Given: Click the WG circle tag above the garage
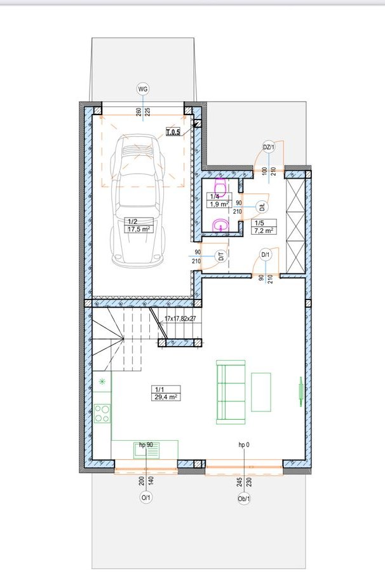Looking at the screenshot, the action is point(143,89).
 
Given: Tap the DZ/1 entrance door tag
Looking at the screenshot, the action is point(269,148).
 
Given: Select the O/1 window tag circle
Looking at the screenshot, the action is point(145,497).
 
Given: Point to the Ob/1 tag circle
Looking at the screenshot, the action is point(244,499).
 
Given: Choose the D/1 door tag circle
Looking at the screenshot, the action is point(266,255).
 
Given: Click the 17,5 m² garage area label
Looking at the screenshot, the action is point(138,230).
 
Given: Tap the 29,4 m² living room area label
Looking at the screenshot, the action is point(166,397).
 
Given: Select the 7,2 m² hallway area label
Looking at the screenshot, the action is point(264,231).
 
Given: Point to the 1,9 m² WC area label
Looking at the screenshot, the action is point(219,204).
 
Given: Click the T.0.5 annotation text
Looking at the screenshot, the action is point(173,132).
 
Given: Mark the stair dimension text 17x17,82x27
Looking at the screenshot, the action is point(180,319).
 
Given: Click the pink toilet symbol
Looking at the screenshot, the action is point(220,186).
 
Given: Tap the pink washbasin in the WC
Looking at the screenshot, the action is point(220,226).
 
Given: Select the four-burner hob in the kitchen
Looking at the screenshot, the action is point(102,413).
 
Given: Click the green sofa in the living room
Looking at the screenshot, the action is point(231,392).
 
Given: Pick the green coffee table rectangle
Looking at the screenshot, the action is point(261,392).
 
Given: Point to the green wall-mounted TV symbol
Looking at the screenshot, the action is point(301,392).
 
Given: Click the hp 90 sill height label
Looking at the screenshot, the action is point(146,445).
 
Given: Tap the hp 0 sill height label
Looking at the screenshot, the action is point(244,445).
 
